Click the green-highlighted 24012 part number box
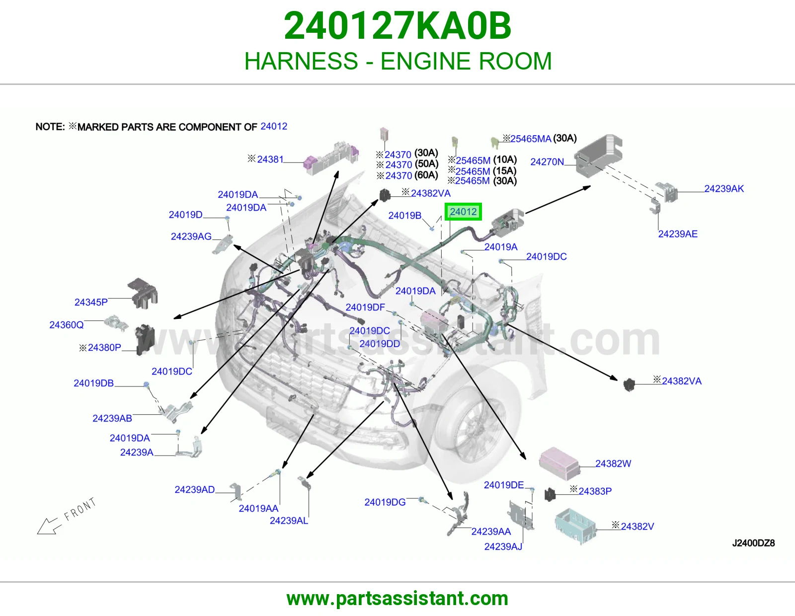[x=463, y=212]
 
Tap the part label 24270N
[x=547, y=161]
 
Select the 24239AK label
[x=724, y=189]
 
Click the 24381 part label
[x=270, y=159]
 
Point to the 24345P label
[x=91, y=302]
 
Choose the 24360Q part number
[x=67, y=325]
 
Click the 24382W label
[x=613, y=463]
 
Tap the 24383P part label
[x=595, y=491]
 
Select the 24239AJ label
[x=503, y=546]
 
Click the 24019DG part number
[x=385, y=502]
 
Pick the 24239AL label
[x=289, y=521]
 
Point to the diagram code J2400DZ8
[x=753, y=543]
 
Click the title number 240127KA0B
[x=397, y=26]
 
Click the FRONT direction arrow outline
[x=48, y=527]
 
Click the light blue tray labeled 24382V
[x=575, y=525]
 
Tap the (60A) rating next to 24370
[x=426, y=175]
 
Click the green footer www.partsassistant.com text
[x=397, y=599]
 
